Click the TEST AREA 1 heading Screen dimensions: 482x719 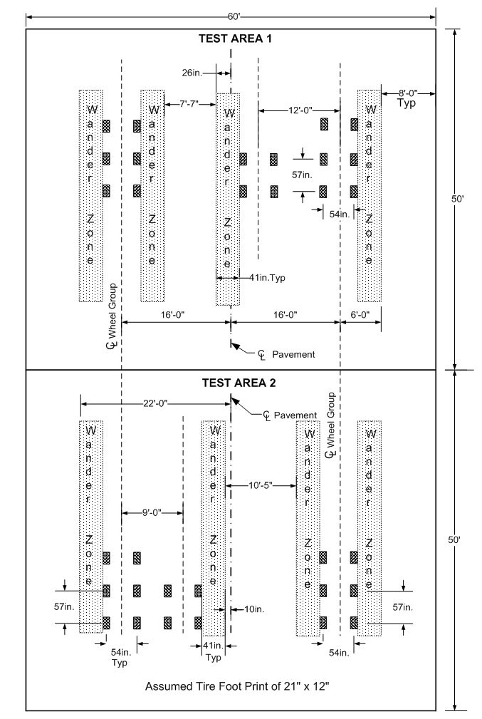[x=235, y=38]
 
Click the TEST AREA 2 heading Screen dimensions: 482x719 [x=239, y=383]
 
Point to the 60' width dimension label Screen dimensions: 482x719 [x=234, y=17]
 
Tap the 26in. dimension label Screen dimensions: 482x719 [x=192, y=73]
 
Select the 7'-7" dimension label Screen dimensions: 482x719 [x=188, y=104]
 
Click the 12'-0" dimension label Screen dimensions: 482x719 [x=300, y=110]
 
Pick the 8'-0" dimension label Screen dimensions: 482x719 [x=407, y=93]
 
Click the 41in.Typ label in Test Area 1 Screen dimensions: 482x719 [x=268, y=277]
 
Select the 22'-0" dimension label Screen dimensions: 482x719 [x=155, y=403]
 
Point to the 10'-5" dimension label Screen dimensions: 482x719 [x=261, y=485]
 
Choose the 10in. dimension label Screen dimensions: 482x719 [x=254, y=609]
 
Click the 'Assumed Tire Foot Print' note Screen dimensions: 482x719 [x=237, y=686]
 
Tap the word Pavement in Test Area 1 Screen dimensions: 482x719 [x=294, y=354]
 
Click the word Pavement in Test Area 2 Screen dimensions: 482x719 [x=295, y=415]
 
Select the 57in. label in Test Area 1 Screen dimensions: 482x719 [x=303, y=175]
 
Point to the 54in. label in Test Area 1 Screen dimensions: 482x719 [x=340, y=214]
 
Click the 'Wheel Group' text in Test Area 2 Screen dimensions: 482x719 [x=331, y=420]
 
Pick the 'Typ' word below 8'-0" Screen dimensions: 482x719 [x=407, y=103]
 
